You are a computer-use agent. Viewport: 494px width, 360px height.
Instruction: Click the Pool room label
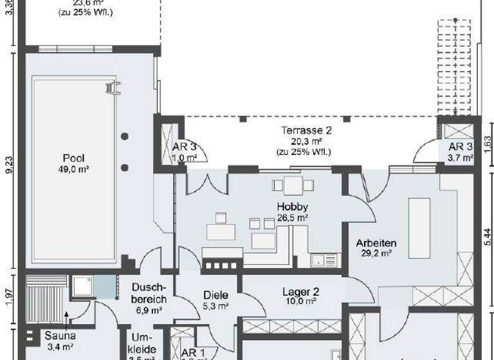[x=73, y=158]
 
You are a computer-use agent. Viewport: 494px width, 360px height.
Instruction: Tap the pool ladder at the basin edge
[x=114, y=88]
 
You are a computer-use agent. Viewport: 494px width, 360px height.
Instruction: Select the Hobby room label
[x=292, y=207]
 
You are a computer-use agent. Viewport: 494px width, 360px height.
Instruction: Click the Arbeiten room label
[x=376, y=243]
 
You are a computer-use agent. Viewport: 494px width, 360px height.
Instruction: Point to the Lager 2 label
[x=300, y=291]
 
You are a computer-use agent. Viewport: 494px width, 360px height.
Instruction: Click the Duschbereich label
[x=149, y=294]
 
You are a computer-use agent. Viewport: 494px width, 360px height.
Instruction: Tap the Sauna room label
[x=60, y=335]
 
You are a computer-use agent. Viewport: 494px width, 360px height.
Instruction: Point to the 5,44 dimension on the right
[x=486, y=235]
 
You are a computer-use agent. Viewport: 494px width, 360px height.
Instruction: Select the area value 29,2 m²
[x=376, y=253]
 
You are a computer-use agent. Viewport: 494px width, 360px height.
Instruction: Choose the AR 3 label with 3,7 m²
[x=461, y=147]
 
